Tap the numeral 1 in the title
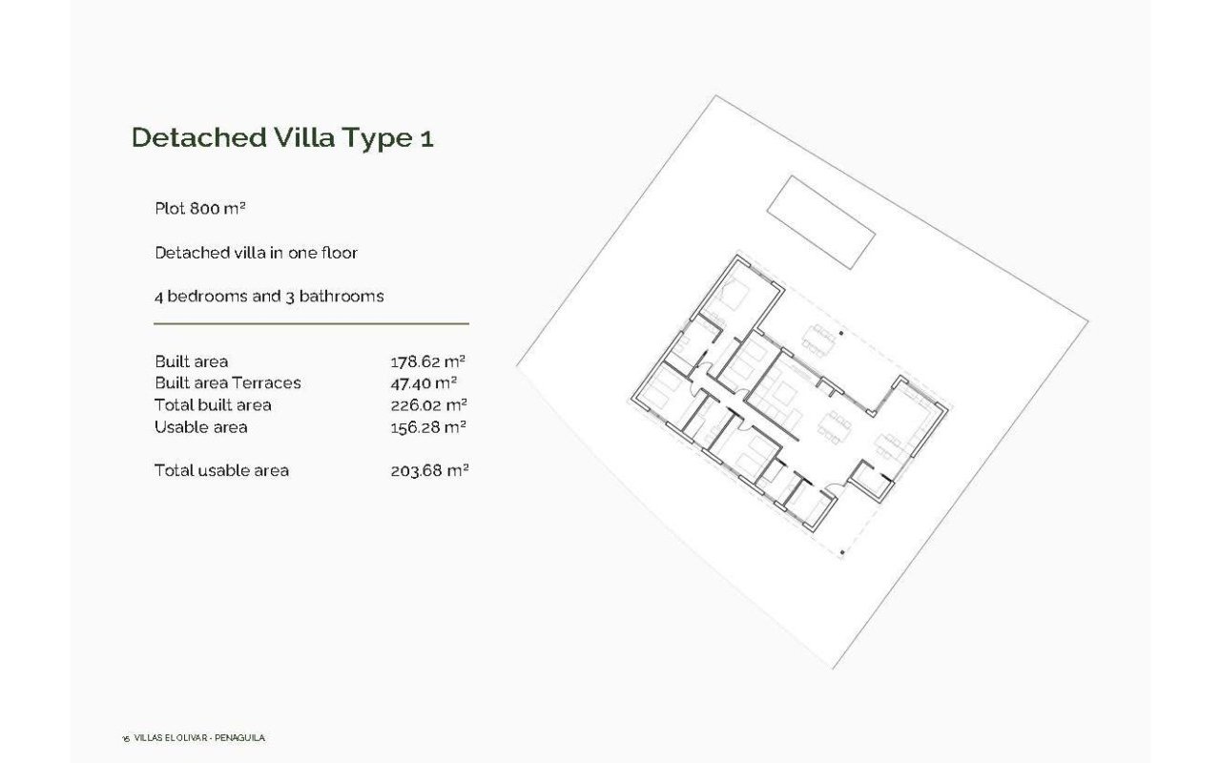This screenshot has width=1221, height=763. pos(425,138)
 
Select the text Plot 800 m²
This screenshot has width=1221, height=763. pos(200,208)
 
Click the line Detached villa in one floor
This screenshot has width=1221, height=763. pos(256,253)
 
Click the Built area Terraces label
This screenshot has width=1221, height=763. pos(227,383)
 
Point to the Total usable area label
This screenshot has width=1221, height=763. pos(221,470)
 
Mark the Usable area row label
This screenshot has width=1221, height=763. pos(200,427)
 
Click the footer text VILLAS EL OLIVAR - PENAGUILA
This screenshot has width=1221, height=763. pos(199,738)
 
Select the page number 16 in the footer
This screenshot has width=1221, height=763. pos(126,739)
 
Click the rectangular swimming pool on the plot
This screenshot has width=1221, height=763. pos(821,222)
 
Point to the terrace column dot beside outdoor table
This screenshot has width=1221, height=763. pos(841,334)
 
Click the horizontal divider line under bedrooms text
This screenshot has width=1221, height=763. pos(311,324)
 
